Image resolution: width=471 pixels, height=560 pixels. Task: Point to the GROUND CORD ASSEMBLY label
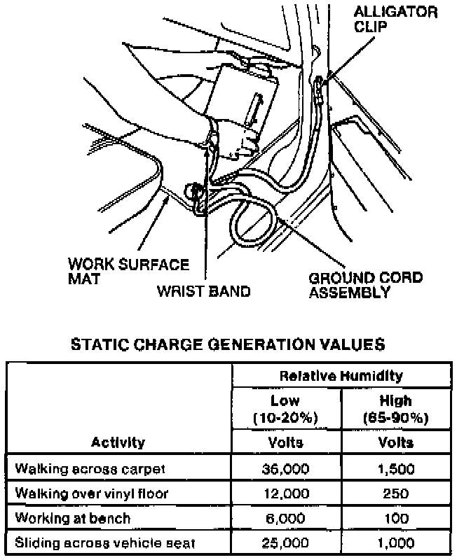tap(365, 285)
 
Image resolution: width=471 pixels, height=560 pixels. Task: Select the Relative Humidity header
tap(341, 376)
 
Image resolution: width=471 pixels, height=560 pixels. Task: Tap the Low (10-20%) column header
tap(285, 409)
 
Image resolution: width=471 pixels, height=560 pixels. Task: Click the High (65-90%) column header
tap(395, 409)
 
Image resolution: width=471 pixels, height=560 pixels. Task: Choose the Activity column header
tap(118, 442)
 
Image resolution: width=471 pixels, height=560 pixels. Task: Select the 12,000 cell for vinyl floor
tap(285, 493)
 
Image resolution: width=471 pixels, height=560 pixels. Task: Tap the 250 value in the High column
tap(395, 493)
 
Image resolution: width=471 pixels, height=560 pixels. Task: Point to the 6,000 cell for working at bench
tap(285, 518)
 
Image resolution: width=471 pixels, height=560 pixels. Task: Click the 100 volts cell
tap(395, 518)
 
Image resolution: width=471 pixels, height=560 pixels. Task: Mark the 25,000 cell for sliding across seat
tap(285, 543)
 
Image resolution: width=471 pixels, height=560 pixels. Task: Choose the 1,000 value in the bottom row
tap(395, 543)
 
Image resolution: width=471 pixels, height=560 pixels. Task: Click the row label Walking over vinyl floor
tap(92, 493)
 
